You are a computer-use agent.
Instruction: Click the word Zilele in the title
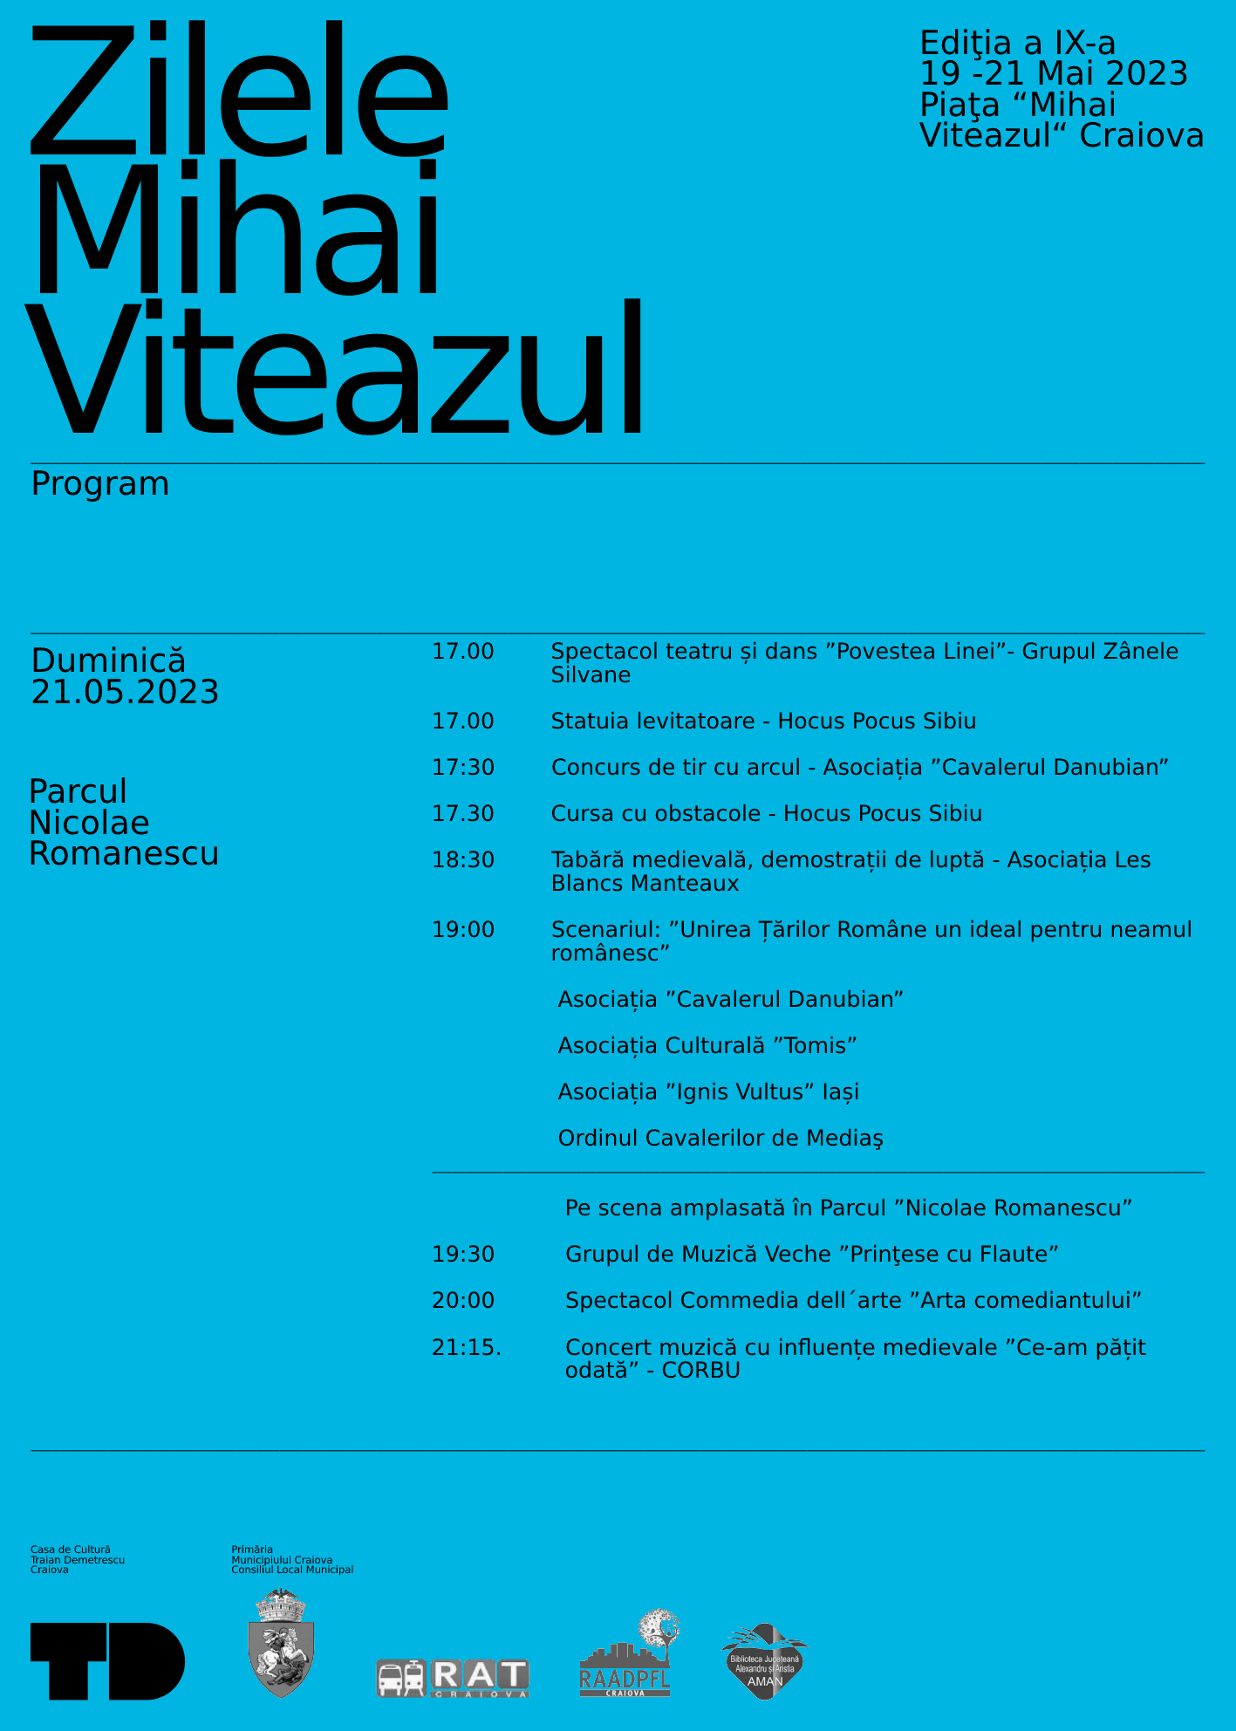(240, 92)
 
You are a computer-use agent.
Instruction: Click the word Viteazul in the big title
(336, 371)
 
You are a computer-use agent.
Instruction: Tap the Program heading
(100, 484)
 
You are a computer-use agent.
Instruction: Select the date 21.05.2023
(125, 693)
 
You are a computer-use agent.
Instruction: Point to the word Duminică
(108, 660)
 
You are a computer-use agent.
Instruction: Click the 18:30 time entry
(463, 860)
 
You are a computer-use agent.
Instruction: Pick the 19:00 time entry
(463, 930)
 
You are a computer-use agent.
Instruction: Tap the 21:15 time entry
(467, 1348)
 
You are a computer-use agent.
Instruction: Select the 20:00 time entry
(463, 1301)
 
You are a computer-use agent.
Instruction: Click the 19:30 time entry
(463, 1255)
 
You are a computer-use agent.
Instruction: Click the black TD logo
(107, 1661)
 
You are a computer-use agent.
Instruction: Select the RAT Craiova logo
(453, 1678)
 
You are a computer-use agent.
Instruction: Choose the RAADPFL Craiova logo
(626, 1658)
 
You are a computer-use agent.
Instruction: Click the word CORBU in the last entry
(700, 1371)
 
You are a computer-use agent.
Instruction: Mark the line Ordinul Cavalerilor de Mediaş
(720, 1139)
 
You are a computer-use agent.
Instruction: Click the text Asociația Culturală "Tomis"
(707, 1046)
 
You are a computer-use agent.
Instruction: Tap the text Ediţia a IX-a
(1018, 43)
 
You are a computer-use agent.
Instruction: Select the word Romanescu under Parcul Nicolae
(124, 854)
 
